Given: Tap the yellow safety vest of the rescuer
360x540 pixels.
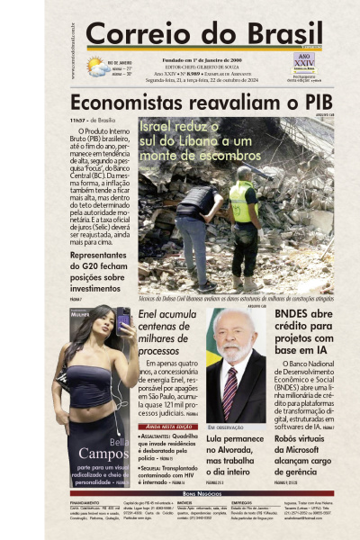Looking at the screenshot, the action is tap(241, 202).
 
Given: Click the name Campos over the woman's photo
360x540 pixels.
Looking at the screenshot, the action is tap(103, 453).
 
